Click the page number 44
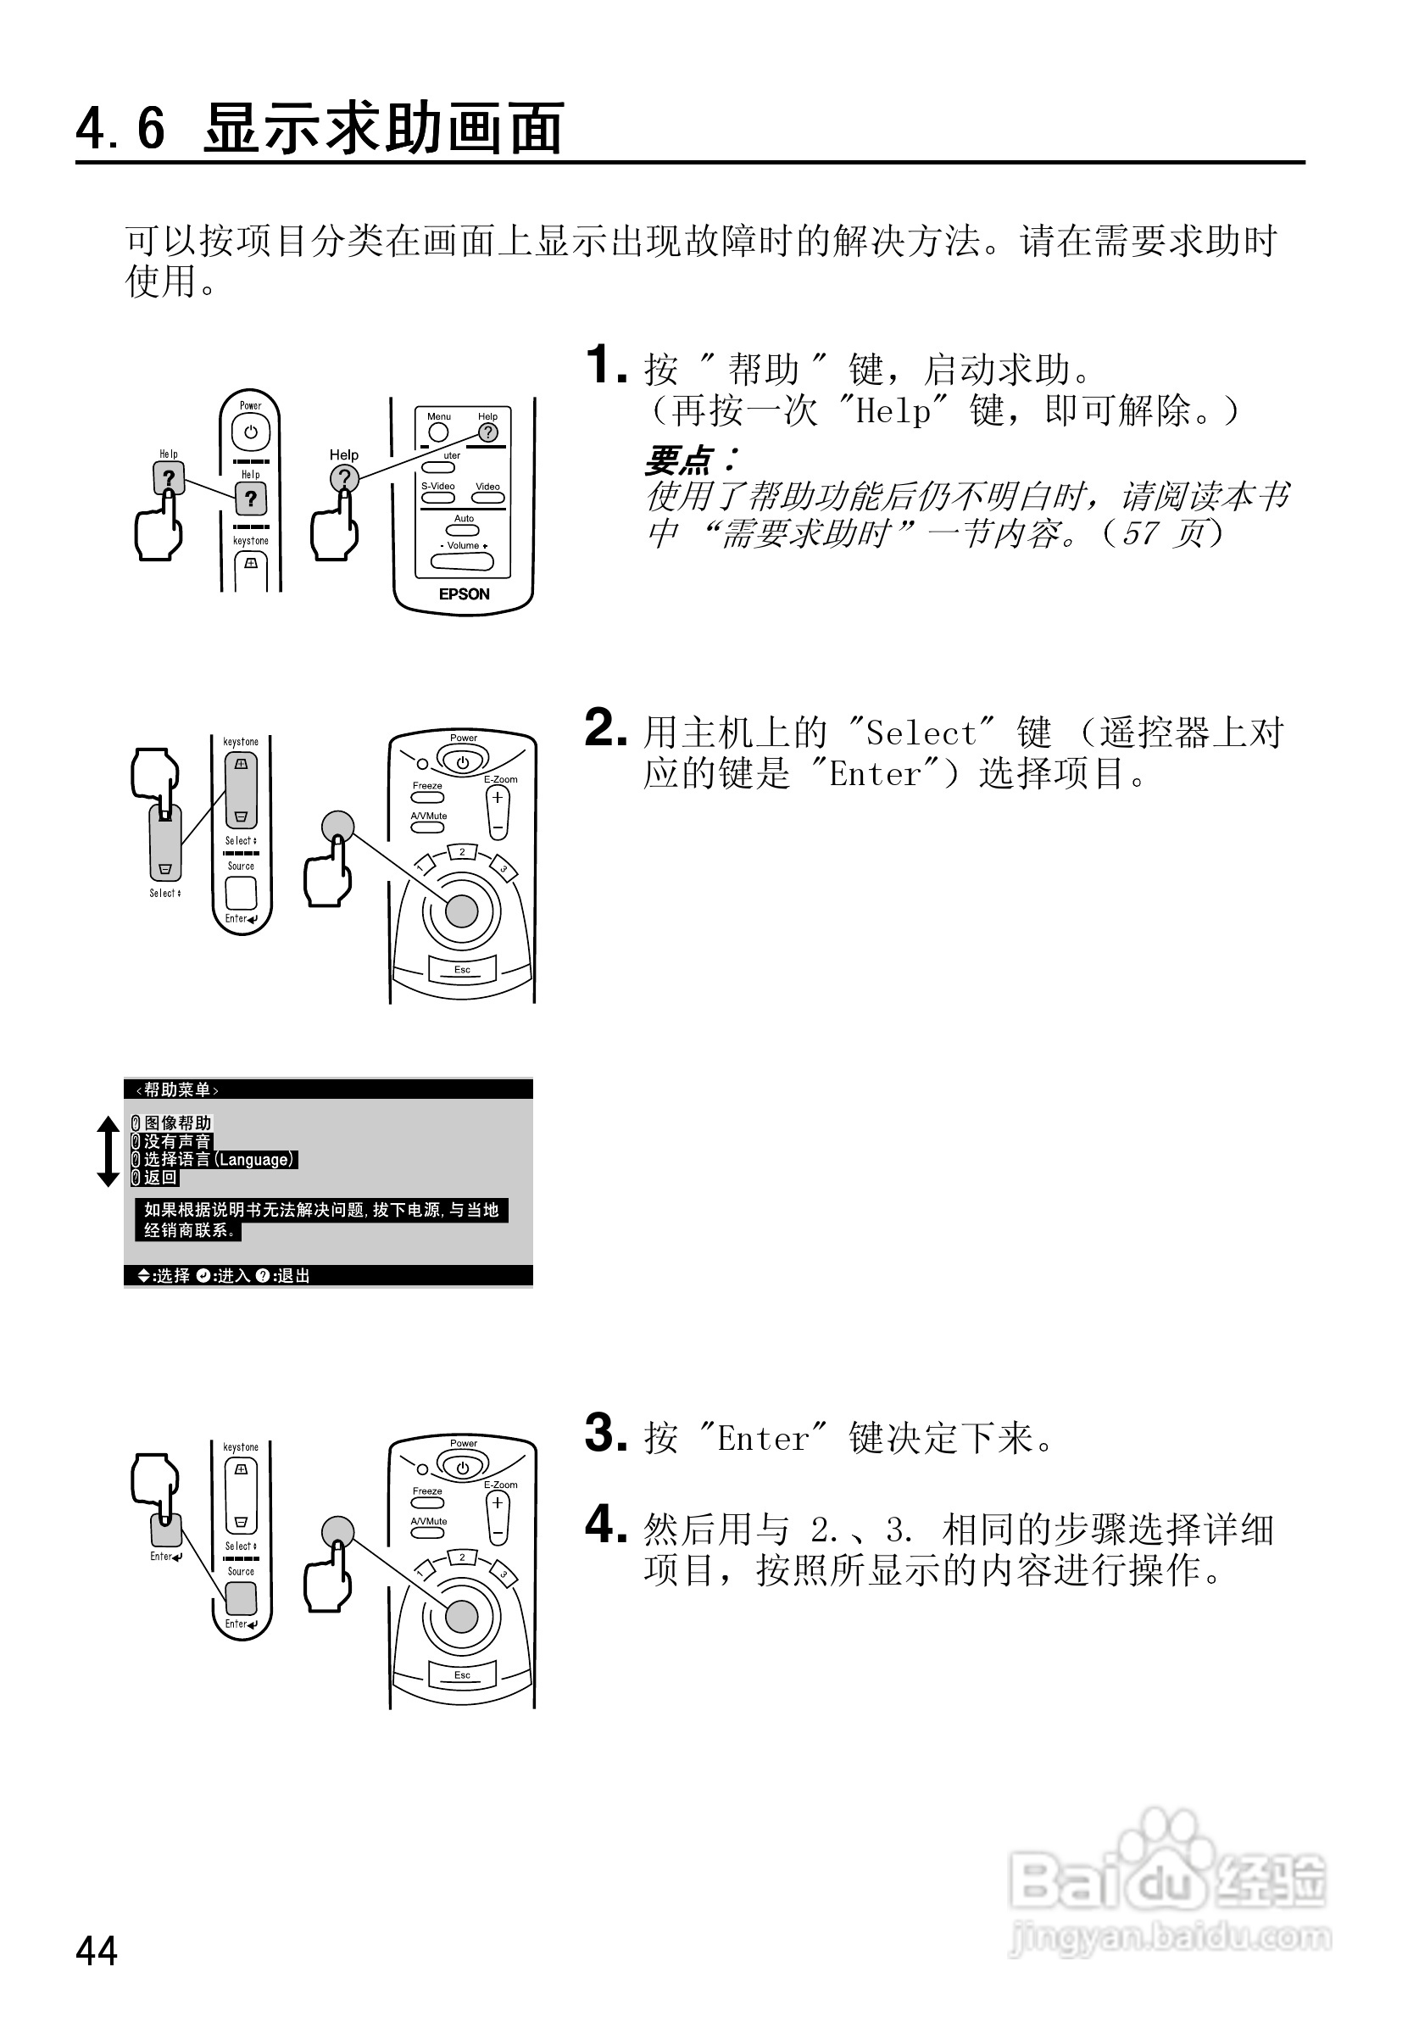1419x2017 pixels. pyautogui.click(x=97, y=1950)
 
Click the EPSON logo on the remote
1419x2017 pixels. pyautogui.click(x=464, y=594)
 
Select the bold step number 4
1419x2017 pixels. pyautogui.click(x=606, y=1524)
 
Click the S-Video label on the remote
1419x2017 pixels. pyautogui.click(x=437, y=486)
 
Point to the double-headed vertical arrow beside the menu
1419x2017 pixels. pyautogui.click(x=108, y=1151)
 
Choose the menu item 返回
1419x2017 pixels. pyautogui.click(x=160, y=1177)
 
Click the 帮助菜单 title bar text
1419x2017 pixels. pyautogui.click(x=177, y=1089)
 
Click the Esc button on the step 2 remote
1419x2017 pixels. pyautogui.click(x=462, y=970)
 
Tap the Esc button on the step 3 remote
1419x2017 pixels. pyautogui.click(x=462, y=1674)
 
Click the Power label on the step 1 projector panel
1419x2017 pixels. pyautogui.click(x=250, y=406)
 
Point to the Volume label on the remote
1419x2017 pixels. pyautogui.click(x=463, y=545)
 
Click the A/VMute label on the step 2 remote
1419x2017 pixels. pyautogui.click(x=429, y=816)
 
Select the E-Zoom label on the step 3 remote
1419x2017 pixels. pyautogui.click(x=500, y=1485)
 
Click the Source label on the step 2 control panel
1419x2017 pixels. pyautogui.click(x=241, y=866)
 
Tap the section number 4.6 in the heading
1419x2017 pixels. pyautogui.click(x=120, y=129)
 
